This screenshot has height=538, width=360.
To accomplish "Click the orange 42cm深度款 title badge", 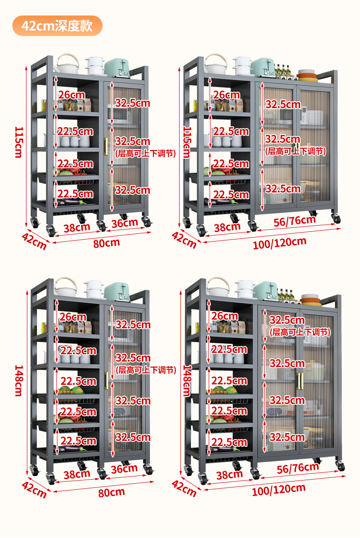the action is [57, 26].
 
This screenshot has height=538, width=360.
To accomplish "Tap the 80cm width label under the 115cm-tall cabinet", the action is [106, 243].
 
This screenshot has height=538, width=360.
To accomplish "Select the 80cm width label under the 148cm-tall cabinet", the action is [111, 491].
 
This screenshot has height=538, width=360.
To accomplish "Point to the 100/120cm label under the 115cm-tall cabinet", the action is [279, 243].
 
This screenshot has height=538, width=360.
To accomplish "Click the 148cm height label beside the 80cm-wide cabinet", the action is [19, 380].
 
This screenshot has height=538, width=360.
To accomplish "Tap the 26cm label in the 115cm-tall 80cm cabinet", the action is [71, 95].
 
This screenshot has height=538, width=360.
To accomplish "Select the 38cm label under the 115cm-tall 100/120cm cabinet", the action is [227, 227].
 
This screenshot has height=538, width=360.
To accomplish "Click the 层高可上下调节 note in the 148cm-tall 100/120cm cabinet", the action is [300, 332].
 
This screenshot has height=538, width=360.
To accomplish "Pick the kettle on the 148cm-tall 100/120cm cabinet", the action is [218, 288].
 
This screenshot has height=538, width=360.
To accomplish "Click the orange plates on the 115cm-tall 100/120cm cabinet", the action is [307, 75].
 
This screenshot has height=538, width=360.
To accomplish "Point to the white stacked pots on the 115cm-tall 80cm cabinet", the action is [95, 66].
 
